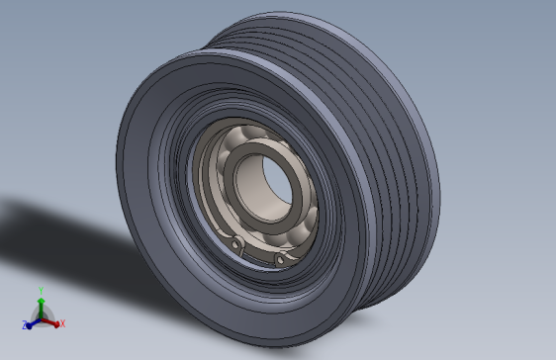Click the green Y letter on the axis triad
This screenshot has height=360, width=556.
pyautogui.click(x=41, y=290)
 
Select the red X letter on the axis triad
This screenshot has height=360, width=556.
pyautogui.click(x=62, y=323)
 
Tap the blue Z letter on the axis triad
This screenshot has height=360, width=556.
pyautogui.click(x=22, y=324)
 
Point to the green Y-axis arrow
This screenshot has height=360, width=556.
pyautogui.click(x=41, y=304)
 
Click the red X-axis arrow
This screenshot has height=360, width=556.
pyautogui.click(x=52, y=321)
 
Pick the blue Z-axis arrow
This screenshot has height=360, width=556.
pyautogui.click(x=32, y=321)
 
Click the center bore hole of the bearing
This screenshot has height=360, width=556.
pyautogui.click(x=270, y=184)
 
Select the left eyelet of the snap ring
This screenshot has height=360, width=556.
pyautogui.click(x=235, y=245)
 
